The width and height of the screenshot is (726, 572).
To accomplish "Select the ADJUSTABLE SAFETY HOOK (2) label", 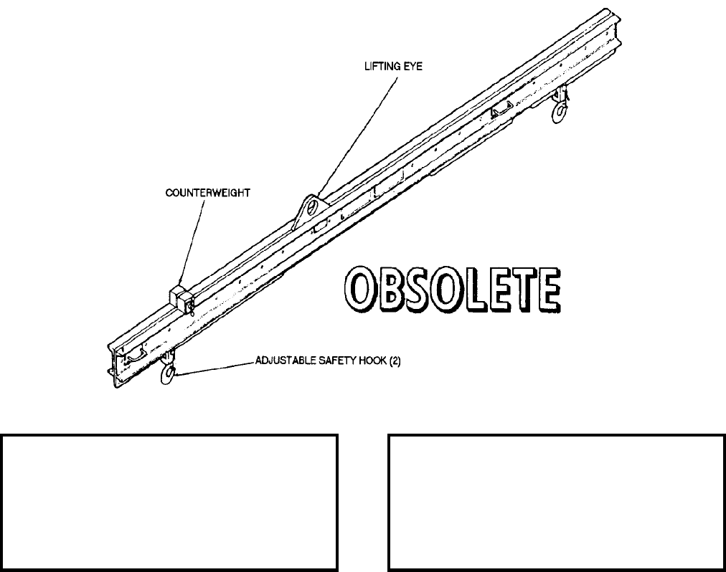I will tap(328, 361).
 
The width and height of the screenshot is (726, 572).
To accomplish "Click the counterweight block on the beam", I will tap(179, 300).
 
